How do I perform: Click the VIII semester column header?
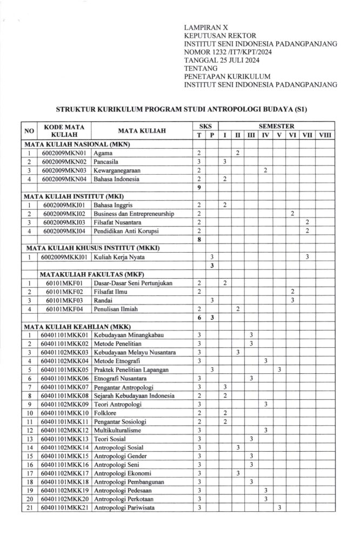[x=325, y=135]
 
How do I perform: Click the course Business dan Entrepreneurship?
[x=134, y=214]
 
